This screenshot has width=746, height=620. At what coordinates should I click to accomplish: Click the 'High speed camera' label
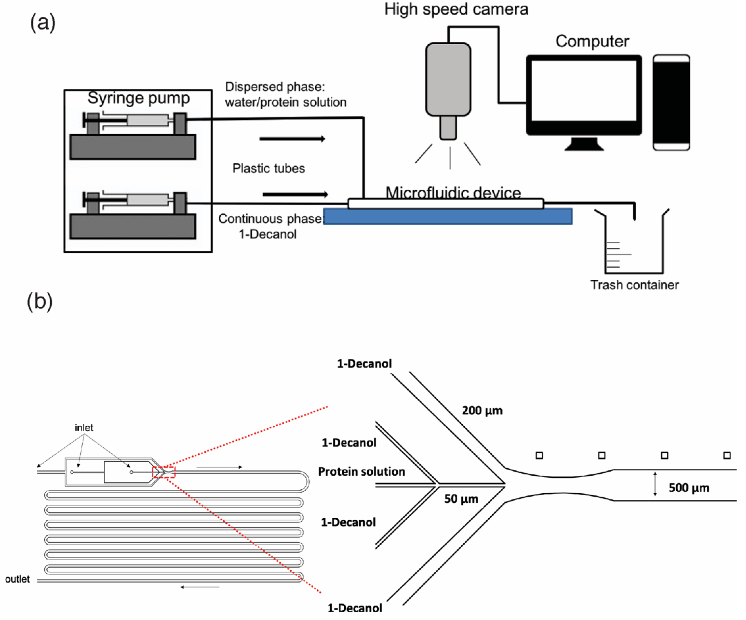point(456,9)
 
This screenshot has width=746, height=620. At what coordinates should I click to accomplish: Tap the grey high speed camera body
point(448,79)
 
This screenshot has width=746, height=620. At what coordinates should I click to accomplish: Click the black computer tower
point(671,102)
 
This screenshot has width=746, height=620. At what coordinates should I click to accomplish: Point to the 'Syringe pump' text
point(139,98)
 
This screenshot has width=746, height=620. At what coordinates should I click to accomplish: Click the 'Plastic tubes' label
point(269,168)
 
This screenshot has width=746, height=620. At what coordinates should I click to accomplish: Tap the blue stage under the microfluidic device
point(448,217)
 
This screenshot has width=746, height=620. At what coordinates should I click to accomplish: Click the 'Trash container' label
point(634,285)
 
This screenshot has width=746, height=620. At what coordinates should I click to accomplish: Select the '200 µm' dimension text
point(482,411)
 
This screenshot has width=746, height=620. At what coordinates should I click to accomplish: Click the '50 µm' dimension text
point(461,499)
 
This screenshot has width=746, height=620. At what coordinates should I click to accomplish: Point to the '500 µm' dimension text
point(689,488)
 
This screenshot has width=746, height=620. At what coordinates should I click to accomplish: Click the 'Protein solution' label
point(361,472)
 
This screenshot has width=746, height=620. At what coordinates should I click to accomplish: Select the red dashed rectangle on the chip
point(163,472)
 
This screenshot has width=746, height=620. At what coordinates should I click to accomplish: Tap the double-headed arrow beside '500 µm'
point(655,484)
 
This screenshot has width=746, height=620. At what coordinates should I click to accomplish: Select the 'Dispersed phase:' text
point(275,87)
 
